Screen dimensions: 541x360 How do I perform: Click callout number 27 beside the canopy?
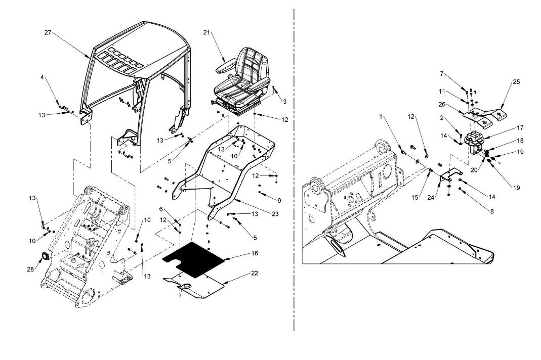48,33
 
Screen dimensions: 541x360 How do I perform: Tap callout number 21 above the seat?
206,32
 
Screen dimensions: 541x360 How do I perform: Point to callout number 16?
255,253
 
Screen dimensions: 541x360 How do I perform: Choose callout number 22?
255,273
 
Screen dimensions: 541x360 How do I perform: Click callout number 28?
30,269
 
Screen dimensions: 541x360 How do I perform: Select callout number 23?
275,214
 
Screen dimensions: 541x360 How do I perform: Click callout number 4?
42,77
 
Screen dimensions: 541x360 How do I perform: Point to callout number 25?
516,82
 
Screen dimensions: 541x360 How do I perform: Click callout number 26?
442,104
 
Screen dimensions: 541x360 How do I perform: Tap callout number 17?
520,127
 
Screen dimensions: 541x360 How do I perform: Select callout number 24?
431,198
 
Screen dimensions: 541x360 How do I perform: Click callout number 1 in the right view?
381,117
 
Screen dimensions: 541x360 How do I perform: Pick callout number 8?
492,211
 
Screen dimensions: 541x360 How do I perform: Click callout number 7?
441,73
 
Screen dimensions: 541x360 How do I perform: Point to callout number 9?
279,200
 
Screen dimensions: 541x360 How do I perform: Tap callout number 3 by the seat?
284,102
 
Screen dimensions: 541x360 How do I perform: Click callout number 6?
161,209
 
